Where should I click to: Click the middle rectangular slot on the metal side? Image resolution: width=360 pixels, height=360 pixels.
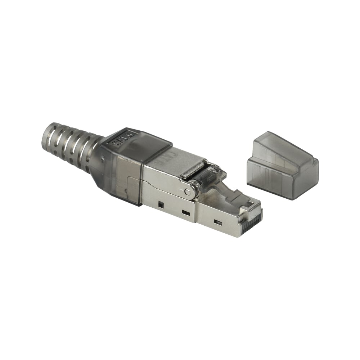185,213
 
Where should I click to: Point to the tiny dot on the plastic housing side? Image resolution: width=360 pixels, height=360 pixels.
103,157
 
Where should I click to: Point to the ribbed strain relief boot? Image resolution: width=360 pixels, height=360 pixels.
70,146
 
